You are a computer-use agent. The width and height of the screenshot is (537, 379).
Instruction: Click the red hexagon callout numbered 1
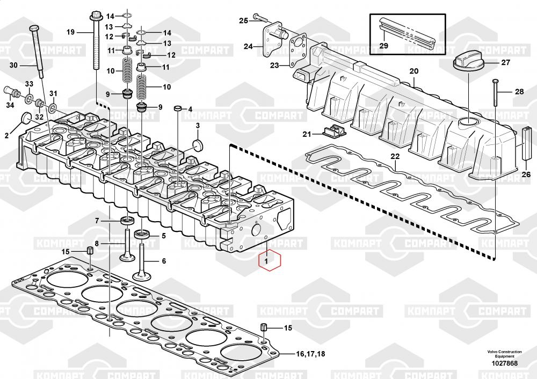[x=269, y=261]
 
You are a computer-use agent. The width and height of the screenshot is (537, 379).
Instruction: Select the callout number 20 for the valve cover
[x=413, y=71]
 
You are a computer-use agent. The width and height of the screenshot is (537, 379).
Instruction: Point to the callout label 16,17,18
[x=310, y=354]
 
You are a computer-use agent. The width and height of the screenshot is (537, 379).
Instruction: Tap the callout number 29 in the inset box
[x=383, y=46]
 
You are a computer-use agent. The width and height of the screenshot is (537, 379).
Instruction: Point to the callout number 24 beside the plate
[x=248, y=47]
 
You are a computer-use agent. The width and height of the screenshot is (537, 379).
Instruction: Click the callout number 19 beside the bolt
[x=70, y=32]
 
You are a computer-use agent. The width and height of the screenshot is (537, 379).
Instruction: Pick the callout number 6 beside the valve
[x=164, y=261]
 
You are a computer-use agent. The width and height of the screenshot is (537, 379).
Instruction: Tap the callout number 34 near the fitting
[x=10, y=105]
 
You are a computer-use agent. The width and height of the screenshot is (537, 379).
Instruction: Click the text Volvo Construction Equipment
[x=504, y=354]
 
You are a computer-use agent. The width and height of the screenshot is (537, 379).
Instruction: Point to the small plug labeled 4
[x=177, y=110]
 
